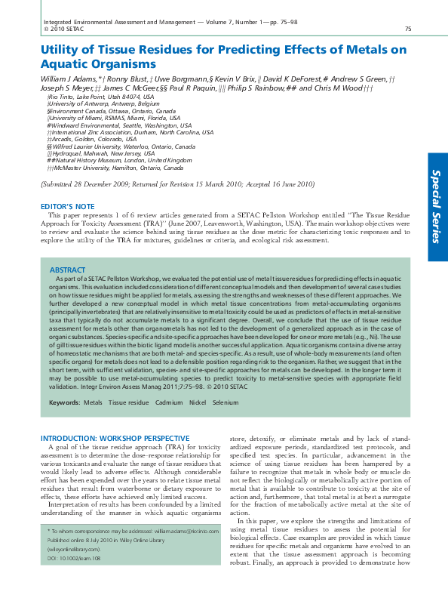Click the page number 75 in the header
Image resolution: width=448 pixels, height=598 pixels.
[407, 29]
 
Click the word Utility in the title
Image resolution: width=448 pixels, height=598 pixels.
[61, 50]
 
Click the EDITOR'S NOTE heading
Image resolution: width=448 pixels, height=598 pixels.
[67, 206]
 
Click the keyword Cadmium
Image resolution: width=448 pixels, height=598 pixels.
[169, 403]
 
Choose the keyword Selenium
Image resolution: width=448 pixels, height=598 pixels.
[225, 403]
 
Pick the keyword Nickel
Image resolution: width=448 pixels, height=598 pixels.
[198, 403]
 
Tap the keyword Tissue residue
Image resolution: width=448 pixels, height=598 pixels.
[128, 403]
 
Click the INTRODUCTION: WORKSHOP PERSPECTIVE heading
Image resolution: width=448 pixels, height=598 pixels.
[115, 438]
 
